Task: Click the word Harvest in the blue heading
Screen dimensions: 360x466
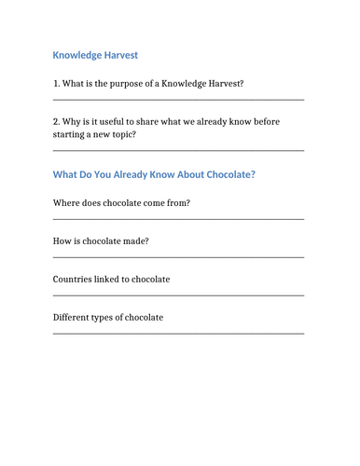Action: coord(118,56)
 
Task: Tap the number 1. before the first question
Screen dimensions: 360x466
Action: coord(56,84)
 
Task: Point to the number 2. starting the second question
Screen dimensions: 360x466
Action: coord(56,122)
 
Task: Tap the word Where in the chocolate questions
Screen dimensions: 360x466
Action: coord(67,202)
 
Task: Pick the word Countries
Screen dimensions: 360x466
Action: coord(75,280)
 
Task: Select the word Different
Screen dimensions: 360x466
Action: coord(74,318)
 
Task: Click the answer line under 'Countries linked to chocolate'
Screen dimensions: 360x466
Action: coord(178,295)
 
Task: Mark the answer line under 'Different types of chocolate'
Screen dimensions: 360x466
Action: coord(178,333)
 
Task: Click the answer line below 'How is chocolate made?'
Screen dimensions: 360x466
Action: coord(178,257)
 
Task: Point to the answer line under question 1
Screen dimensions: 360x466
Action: coord(178,100)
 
